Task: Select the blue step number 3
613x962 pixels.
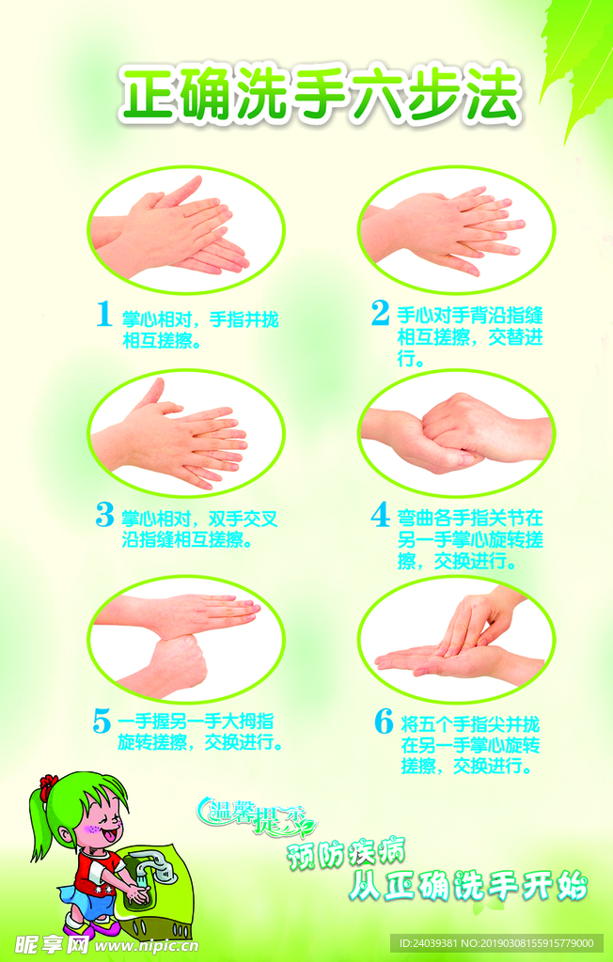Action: tap(105, 515)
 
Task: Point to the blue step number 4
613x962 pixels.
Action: tap(381, 515)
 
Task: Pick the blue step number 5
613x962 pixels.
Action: tap(102, 721)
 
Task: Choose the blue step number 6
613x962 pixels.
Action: tap(384, 721)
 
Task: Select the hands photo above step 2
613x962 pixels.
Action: tap(456, 229)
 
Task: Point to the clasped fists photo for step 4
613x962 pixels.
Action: tap(456, 433)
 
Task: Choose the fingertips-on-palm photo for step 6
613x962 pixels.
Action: tap(456, 639)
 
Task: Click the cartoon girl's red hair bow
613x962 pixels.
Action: tap(49, 784)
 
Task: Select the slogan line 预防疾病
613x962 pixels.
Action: tap(346, 855)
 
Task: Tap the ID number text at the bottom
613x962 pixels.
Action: tap(497, 943)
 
